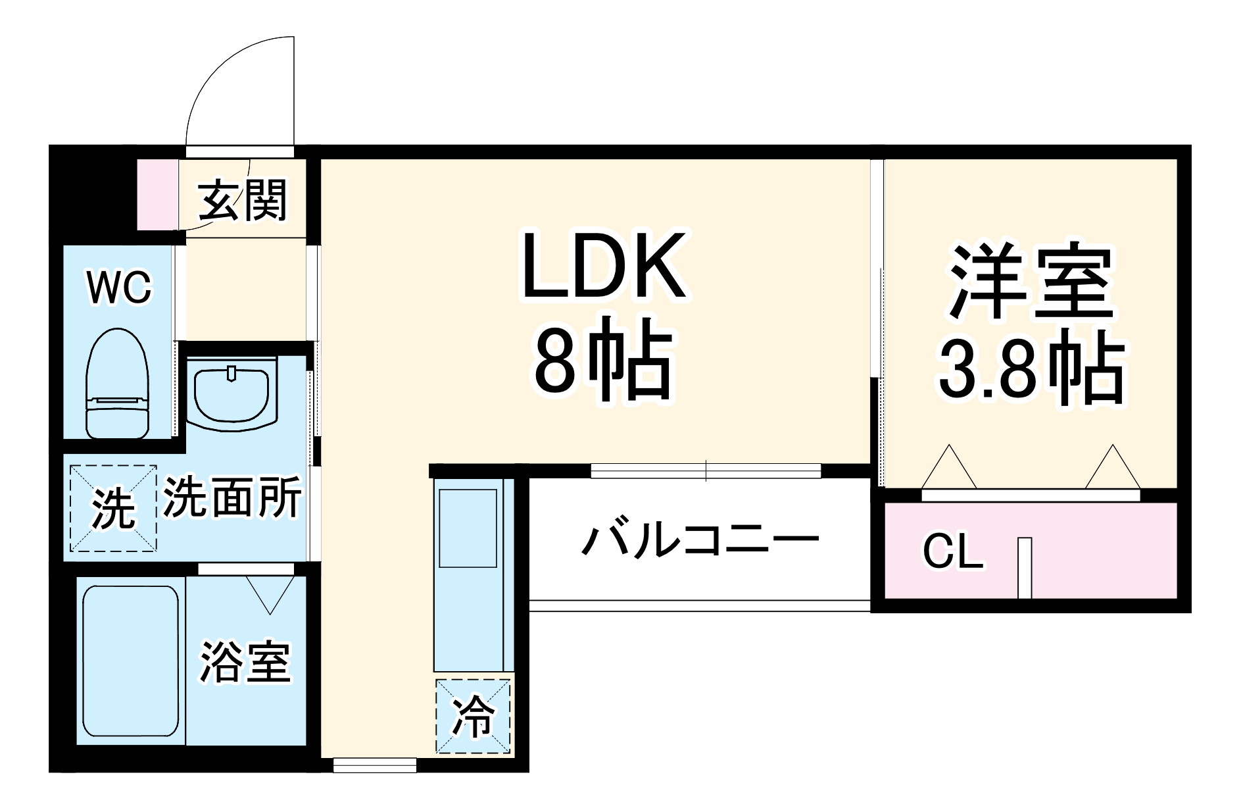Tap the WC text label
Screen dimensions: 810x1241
coord(120,288)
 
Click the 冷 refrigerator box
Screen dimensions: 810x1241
coord(472,716)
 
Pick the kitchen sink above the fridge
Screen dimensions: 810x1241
coord(468,528)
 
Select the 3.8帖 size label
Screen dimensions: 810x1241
coord(1029,373)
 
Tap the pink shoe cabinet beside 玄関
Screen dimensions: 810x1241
coord(157,194)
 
